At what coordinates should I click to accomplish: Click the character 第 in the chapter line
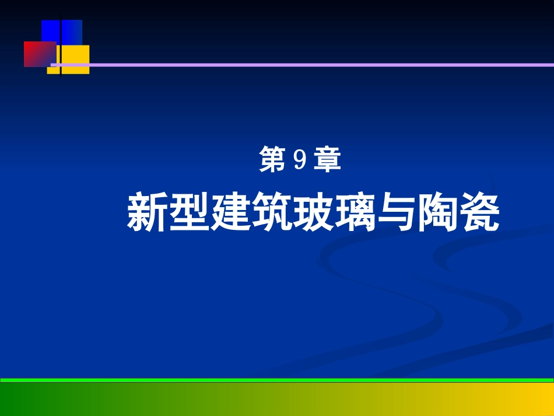(x=271, y=160)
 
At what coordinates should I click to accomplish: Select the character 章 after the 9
(x=327, y=160)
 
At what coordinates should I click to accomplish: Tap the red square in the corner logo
(x=36, y=54)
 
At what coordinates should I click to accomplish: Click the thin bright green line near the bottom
(x=277, y=380)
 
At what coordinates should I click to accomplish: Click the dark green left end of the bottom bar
(x=17, y=400)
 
